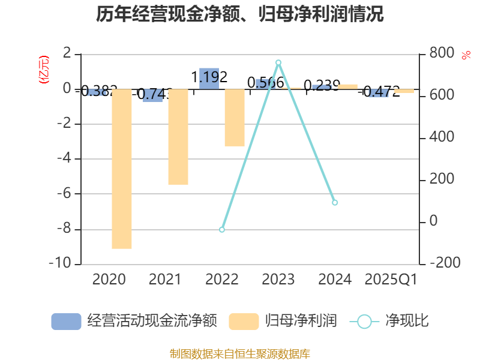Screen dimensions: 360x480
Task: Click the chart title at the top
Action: (x=239, y=14)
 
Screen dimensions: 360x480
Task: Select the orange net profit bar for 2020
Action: (x=122, y=169)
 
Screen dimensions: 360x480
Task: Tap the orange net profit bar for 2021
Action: (x=178, y=137)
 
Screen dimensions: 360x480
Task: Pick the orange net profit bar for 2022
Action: (x=235, y=118)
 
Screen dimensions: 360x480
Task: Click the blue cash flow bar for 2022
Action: (x=209, y=79)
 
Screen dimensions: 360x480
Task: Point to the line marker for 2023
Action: (x=278, y=62)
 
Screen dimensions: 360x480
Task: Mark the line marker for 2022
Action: (x=222, y=230)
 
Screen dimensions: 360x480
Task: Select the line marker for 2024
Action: (x=335, y=202)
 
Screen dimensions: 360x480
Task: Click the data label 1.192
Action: (x=209, y=77)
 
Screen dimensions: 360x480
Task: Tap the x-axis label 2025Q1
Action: (x=391, y=280)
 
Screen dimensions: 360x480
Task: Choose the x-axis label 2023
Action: (x=278, y=280)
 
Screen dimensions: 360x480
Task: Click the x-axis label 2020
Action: (x=109, y=280)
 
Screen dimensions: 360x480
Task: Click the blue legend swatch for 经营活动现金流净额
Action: (x=66, y=322)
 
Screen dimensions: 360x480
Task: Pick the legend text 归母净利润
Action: (x=301, y=321)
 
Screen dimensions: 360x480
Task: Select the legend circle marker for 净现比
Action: (x=364, y=322)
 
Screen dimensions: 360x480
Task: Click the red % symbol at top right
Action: (x=466, y=55)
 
